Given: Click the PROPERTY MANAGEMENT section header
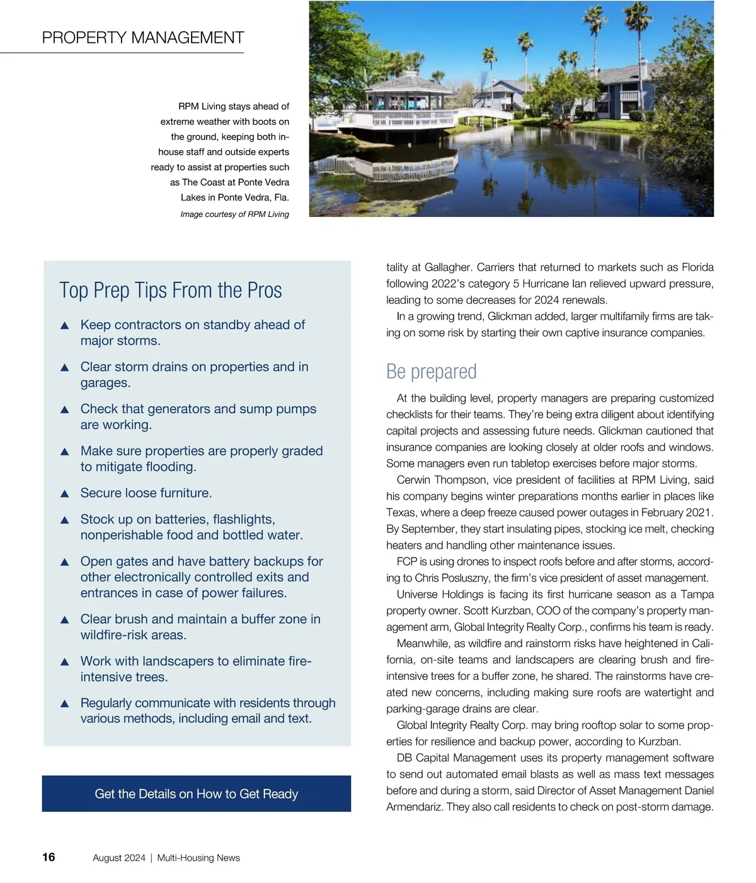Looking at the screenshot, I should (x=143, y=38).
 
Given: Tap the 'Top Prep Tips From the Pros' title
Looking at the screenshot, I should (x=171, y=291).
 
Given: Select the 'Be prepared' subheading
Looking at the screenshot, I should (x=432, y=371).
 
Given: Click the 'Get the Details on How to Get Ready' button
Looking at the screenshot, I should (x=197, y=793).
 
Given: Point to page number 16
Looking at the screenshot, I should (x=49, y=857).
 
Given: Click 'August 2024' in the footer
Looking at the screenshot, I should (x=119, y=858).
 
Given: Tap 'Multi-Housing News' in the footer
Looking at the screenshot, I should (x=198, y=858).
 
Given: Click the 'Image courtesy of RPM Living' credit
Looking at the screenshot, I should (x=234, y=214).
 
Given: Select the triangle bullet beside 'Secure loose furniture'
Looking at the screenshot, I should (x=64, y=494).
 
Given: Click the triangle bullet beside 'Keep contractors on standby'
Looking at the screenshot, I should (x=64, y=325).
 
